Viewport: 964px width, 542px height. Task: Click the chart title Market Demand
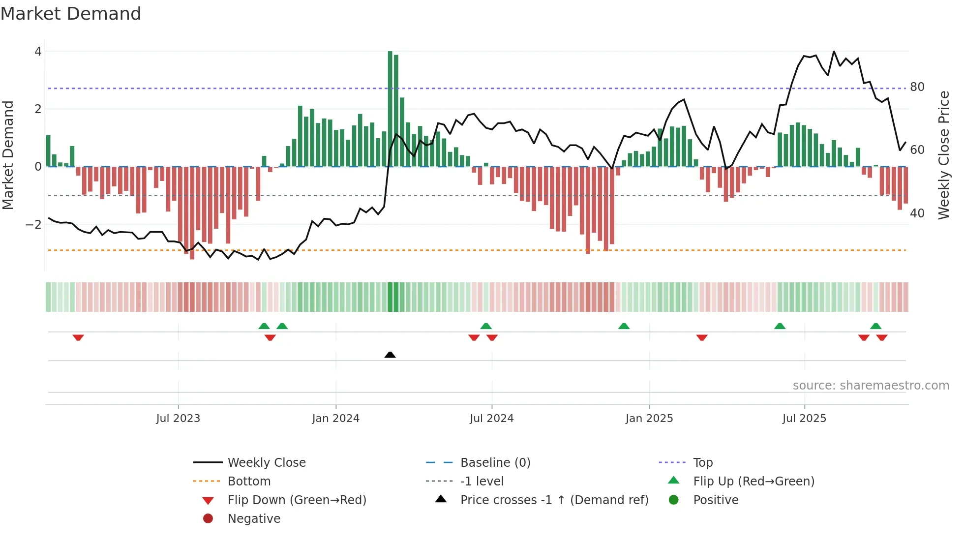tap(71, 14)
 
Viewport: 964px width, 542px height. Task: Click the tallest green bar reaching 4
tap(390, 108)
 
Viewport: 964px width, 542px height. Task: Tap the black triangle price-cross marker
tap(390, 355)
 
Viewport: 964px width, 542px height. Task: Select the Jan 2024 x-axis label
tap(335, 419)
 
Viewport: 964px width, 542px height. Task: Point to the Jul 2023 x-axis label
tap(178, 419)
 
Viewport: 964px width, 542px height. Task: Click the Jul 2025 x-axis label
tap(804, 419)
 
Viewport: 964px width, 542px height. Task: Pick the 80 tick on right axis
tap(917, 87)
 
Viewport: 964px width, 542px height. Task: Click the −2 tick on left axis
tap(33, 225)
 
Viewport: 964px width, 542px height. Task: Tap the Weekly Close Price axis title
tap(943, 155)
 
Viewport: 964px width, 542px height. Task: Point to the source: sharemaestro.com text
tap(871, 386)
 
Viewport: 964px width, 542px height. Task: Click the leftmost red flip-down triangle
tap(78, 337)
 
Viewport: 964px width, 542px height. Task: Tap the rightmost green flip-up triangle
tap(875, 326)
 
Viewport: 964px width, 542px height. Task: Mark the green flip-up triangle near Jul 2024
tap(486, 326)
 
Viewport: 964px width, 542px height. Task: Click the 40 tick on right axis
tap(917, 213)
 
